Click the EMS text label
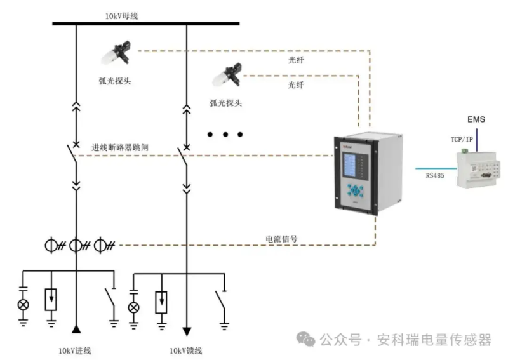point(476,119)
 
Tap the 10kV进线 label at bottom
point(75,350)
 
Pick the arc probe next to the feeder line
point(227,77)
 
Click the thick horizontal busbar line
point(145,23)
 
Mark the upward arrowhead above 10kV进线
point(76,328)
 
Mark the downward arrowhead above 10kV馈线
point(187,330)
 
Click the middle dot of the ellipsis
point(225,135)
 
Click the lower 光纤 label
point(296,84)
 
